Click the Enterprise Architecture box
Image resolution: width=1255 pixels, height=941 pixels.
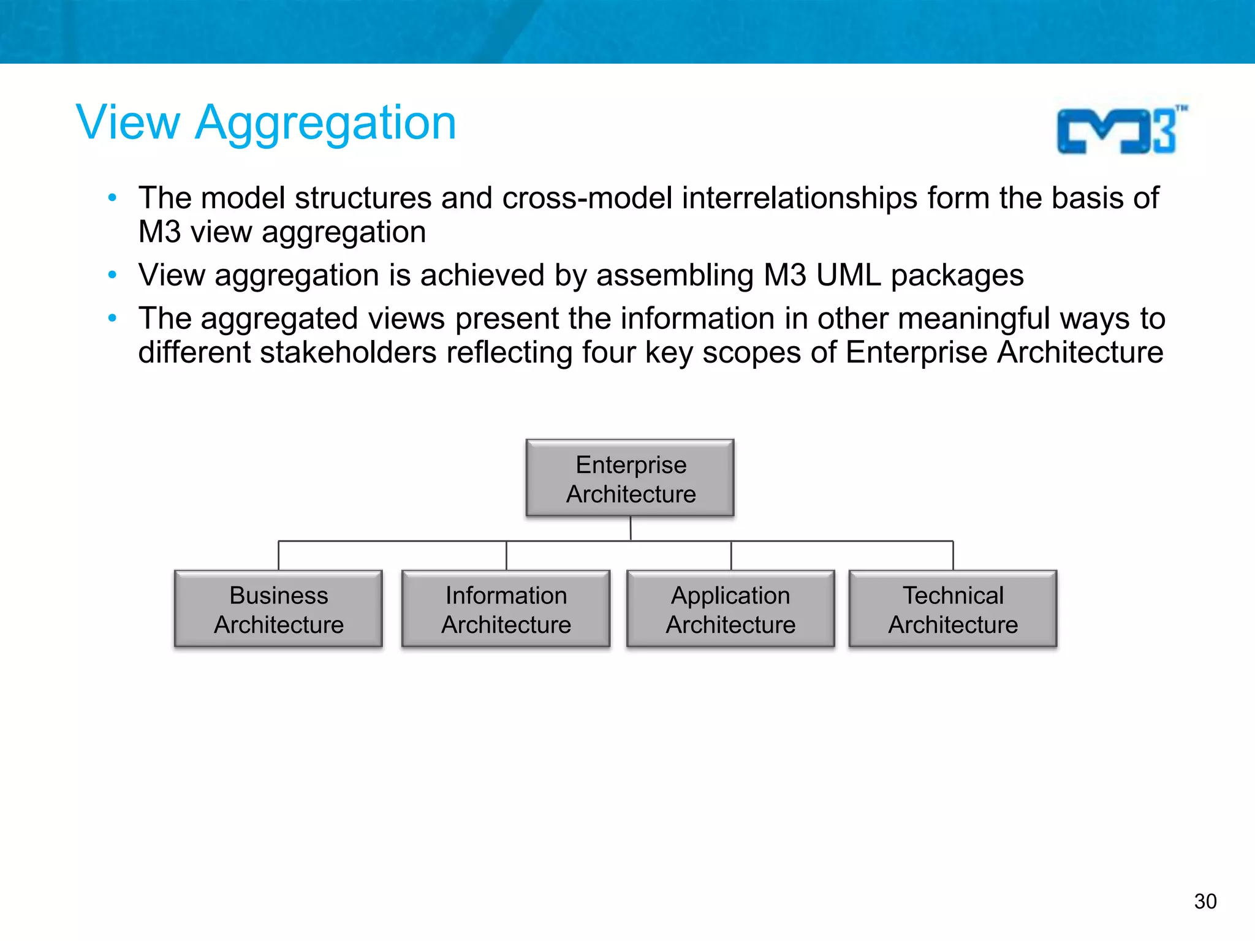coord(630,478)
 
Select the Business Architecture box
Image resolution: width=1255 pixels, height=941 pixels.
coord(278,609)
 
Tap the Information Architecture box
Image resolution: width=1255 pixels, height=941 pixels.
coord(506,609)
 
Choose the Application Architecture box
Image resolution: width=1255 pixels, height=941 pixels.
coord(730,609)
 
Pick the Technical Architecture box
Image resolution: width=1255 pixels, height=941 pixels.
coord(953,609)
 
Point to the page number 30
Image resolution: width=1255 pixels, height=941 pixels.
coord(1205,901)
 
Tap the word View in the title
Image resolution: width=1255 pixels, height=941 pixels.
coord(128,123)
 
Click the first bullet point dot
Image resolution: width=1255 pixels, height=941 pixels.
coord(112,198)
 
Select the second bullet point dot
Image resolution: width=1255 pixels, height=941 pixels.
coord(112,275)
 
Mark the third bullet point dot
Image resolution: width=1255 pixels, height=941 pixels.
coord(112,319)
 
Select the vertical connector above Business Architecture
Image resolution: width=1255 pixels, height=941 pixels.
coord(279,556)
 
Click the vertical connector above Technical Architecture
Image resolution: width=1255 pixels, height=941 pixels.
coord(953,556)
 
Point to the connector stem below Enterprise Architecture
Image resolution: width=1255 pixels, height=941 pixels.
coord(631,528)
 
